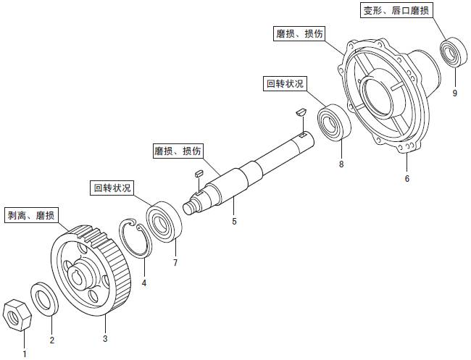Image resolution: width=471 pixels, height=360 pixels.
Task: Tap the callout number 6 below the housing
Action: click(x=407, y=178)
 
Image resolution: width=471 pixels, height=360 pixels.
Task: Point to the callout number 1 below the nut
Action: click(x=24, y=354)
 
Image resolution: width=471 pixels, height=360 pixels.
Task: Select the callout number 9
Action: click(x=455, y=93)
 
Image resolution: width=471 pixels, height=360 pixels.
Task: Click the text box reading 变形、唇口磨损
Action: click(x=398, y=11)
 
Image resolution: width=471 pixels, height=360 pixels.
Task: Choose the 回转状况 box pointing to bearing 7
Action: click(x=112, y=188)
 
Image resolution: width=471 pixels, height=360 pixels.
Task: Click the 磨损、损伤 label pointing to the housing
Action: click(x=299, y=34)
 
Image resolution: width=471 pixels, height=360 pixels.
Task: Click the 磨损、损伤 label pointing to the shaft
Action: click(x=178, y=151)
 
